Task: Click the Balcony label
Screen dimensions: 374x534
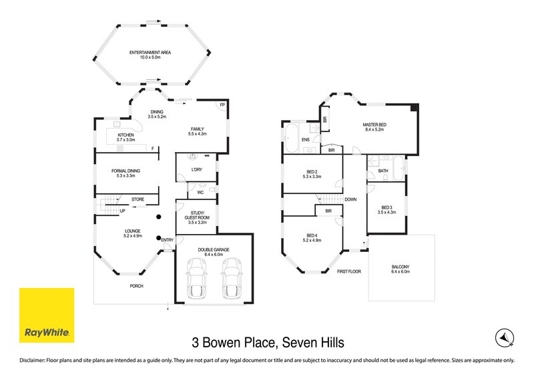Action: pyautogui.click(x=401, y=269)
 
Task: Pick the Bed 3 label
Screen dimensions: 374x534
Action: pyautogui.click(x=386, y=209)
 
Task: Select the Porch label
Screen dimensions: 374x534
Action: pyautogui.click(x=136, y=286)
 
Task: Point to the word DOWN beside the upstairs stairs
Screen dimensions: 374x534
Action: pyautogui.click(x=350, y=199)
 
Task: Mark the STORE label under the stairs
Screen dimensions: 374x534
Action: pyautogui.click(x=138, y=199)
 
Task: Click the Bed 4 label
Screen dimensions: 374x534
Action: pyautogui.click(x=312, y=237)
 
